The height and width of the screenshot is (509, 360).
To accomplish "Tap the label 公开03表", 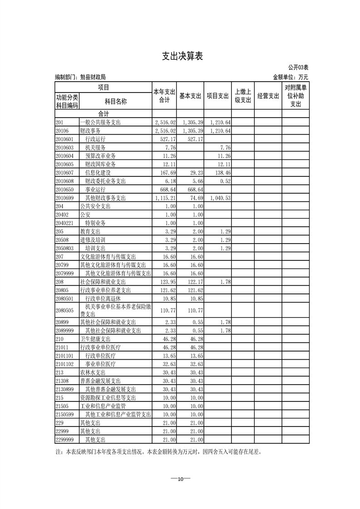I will (298, 68).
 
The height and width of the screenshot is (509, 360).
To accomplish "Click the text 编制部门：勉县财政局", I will (80, 78).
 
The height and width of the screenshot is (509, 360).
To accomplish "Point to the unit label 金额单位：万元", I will (290, 78).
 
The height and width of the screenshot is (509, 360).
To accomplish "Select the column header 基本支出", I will (190, 96).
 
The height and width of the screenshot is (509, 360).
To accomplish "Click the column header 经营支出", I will (268, 96).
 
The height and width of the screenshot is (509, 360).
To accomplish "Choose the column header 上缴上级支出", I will (243, 96).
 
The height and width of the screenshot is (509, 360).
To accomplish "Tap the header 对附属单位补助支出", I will (296, 96).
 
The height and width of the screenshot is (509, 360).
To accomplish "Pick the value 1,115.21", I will (165, 198).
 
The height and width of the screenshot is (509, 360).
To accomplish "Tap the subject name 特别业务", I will (95, 224).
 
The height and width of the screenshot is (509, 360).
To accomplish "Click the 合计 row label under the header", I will (103, 113).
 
